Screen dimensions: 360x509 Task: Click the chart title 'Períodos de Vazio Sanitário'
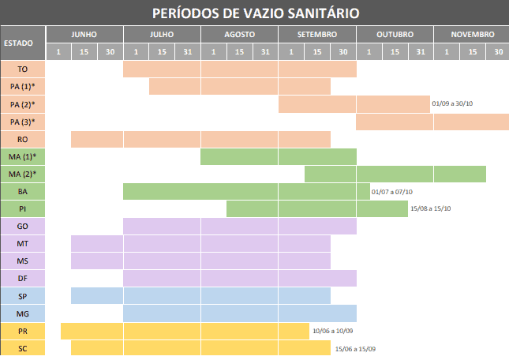[x=254, y=13]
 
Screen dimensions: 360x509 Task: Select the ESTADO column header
[x=22, y=43]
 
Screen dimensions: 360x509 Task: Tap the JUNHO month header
[x=84, y=35]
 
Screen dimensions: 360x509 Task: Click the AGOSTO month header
[x=239, y=35]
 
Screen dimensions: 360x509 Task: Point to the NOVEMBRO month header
[x=472, y=35]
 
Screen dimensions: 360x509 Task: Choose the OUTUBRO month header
[x=395, y=35]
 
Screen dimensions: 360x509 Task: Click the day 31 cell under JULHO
[x=187, y=52]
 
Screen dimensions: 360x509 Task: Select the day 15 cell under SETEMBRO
[x=316, y=52]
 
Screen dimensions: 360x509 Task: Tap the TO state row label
[x=22, y=69]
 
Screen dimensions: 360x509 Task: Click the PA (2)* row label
[x=22, y=104]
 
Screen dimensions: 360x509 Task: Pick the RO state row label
[x=22, y=139]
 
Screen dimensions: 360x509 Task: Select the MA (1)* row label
[x=22, y=157]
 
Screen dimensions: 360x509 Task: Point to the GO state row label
[x=22, y=226]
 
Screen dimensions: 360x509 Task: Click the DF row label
[x=22, y=278]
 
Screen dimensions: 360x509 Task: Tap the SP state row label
[x=22, y=295]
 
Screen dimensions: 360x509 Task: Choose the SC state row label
[x=22, y=348]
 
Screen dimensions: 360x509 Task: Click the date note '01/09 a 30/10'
[x=452, y=104]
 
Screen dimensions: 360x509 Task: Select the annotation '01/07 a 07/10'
[x=391, y=192]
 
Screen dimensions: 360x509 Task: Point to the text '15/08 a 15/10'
[x=431, y=209]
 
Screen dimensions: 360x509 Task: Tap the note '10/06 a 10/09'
[x=333, y=332]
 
